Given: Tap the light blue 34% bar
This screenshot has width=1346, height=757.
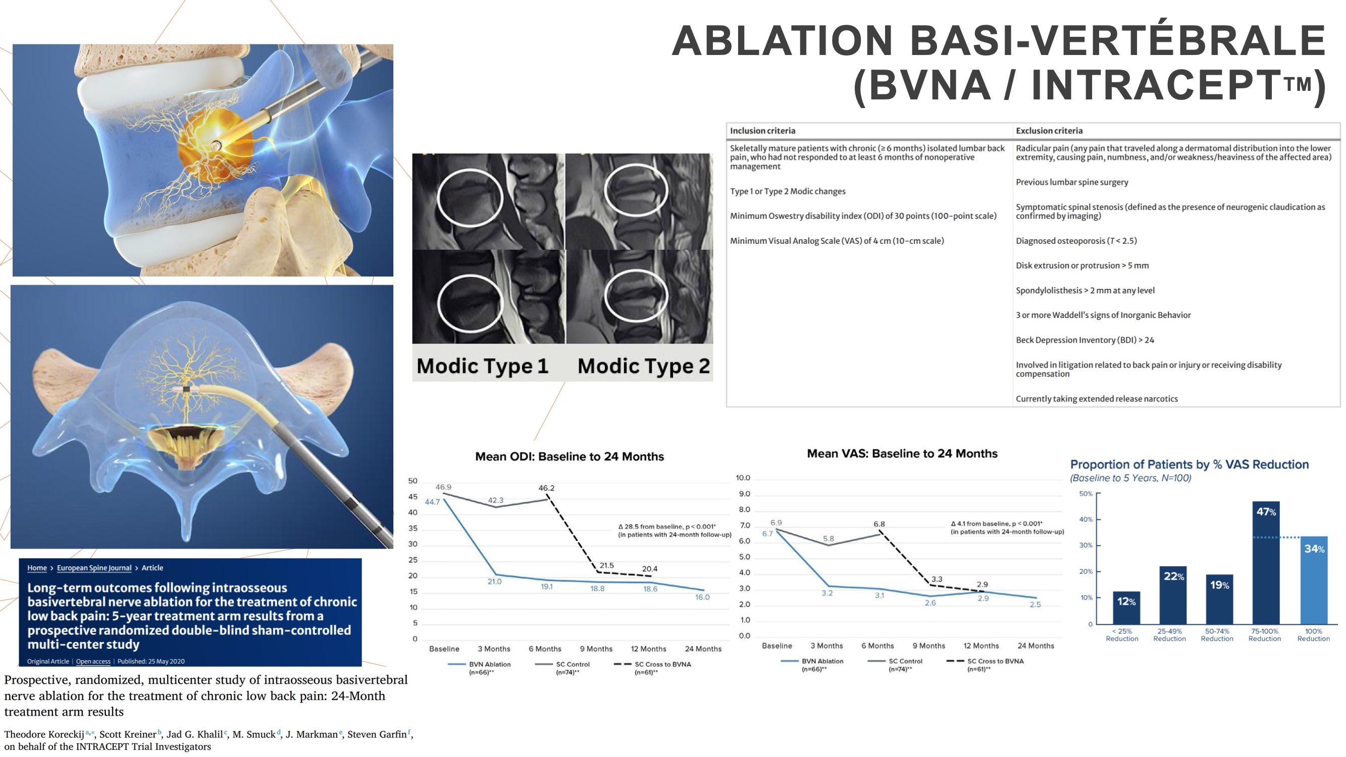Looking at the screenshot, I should pyautogui.click(x=1313, y=580).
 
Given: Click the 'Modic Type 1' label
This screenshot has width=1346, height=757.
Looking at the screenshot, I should pyautogui.click(x=482, y=366).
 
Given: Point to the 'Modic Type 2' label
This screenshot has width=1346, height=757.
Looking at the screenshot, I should pyautogui.click(x=644, y=366).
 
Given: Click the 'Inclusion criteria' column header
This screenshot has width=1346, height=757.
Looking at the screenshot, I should pyautogui.click(x=762, y=131).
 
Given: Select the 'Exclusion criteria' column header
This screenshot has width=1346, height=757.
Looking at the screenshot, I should pyautogui.click(x=1049, y=131).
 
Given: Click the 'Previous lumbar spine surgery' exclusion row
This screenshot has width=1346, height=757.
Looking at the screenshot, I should pyautogui.click(x=1072, y=182).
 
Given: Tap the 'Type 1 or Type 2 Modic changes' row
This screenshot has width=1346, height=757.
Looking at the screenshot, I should pyautogui.click(x=788, y=191).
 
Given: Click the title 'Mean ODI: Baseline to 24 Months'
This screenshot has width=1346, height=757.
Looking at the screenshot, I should pyautogui.click(x=569, y=457).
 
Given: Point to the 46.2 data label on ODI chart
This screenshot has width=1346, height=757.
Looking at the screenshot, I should pyautogui.click(x=546, y=489).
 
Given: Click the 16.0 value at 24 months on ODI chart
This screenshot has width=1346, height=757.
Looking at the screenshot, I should pyautogui.click(x=702, y=597).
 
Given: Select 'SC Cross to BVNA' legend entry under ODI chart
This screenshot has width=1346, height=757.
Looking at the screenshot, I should pyautogui.click(x=662, y=664).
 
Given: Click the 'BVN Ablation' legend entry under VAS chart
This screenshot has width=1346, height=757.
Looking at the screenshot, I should pyautogui.click(x=822, y=661).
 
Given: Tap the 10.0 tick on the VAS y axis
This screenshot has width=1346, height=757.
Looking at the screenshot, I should pyautogui.click(x=743, y=478).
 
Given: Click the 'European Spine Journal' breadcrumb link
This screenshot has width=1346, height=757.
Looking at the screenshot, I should pyautogui.click(x=94, y=568).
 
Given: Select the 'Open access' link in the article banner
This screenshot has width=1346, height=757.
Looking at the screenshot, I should pyautogui.click(x=93, y=662).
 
